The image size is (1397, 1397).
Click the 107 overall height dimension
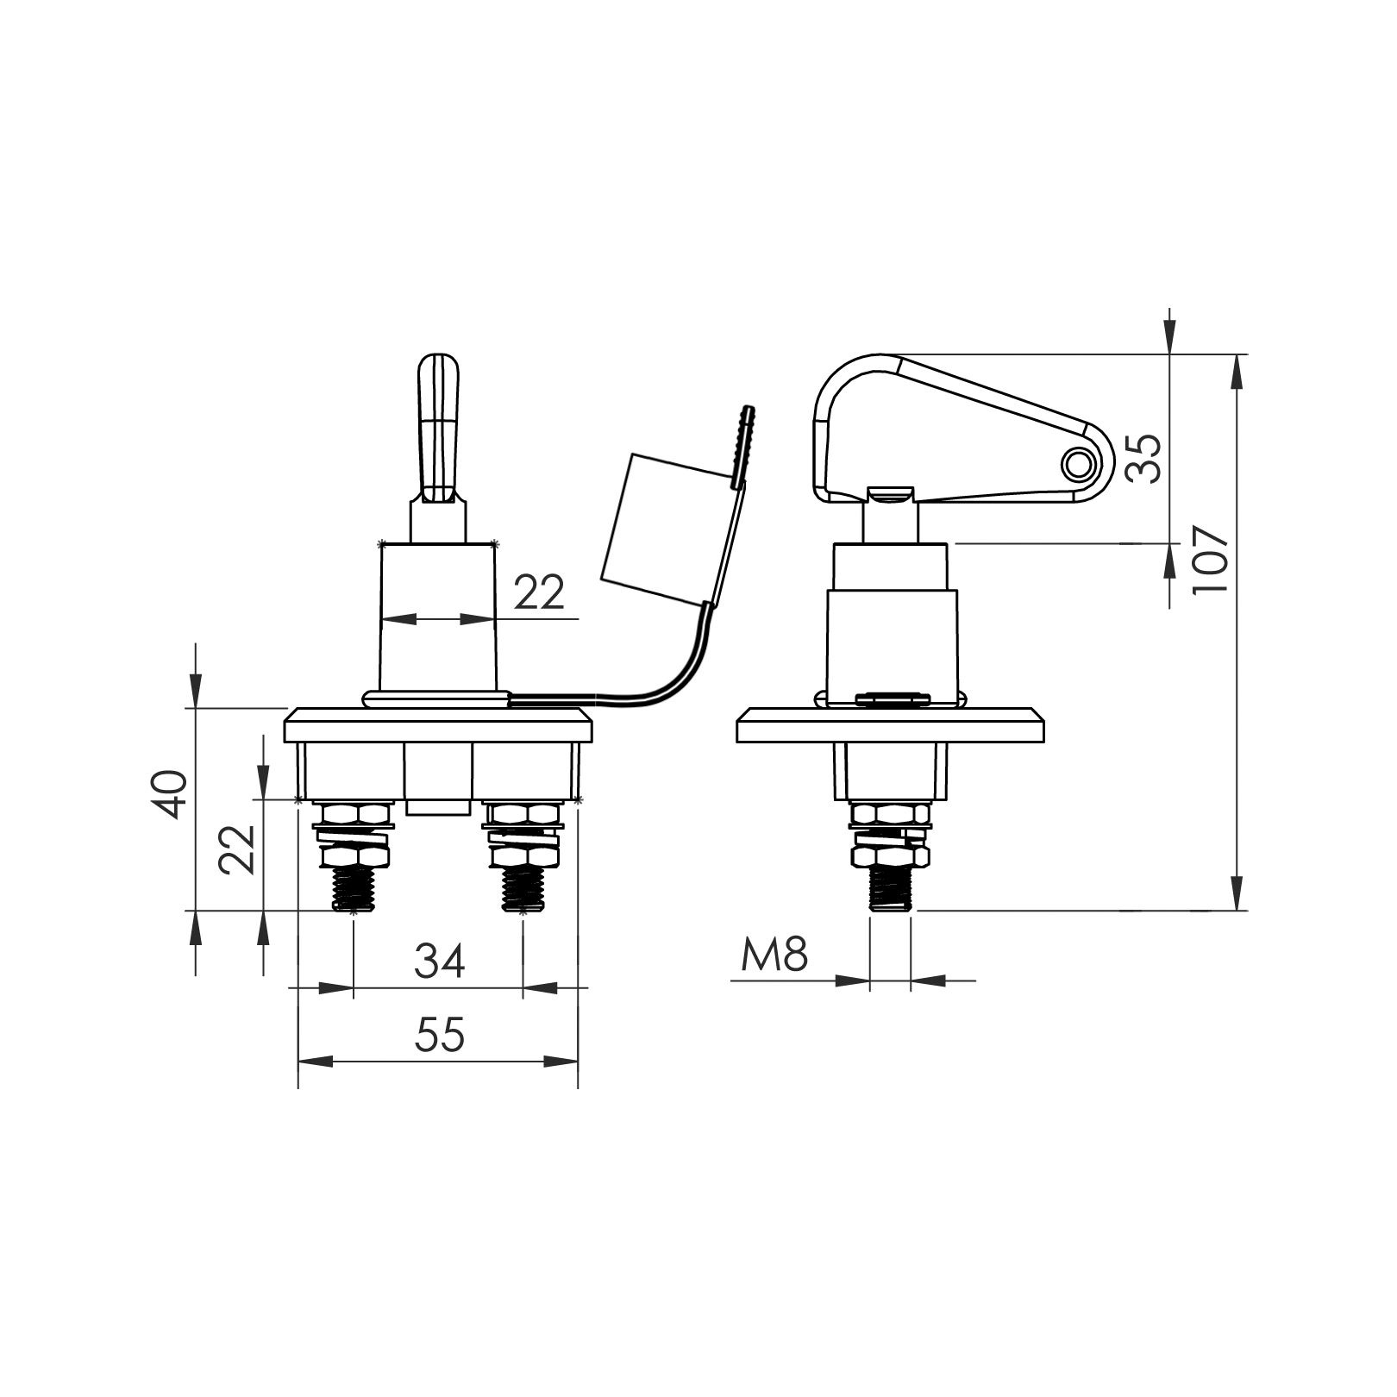point(1210,559)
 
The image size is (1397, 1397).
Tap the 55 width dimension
point(440,1035)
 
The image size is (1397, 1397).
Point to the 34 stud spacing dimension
point(440,961)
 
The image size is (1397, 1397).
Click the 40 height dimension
point(168,793)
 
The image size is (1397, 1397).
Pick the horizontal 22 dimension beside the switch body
point(540,592)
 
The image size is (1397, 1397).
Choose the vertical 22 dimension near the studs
point(238,849)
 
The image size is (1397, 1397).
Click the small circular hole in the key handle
point(1075,465)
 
